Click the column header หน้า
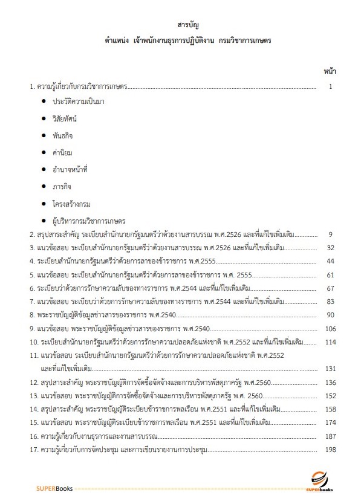330,71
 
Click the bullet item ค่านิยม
62,153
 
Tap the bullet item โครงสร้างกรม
71,204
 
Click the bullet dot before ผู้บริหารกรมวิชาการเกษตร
44,221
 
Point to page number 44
330,261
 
